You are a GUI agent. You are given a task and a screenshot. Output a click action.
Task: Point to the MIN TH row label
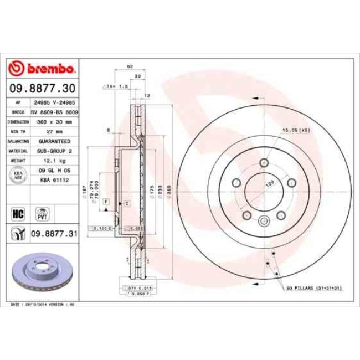click(x=17, y=131)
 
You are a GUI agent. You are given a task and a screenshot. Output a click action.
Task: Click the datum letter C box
click(x=126, y=204)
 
